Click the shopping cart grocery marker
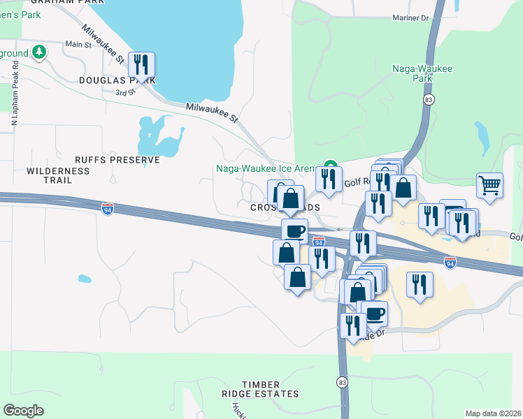coord(490,186)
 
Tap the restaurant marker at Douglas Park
coord(141,66)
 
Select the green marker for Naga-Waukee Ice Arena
coord(330,168)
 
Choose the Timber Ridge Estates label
coord(271,389)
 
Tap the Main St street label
coord(78,45)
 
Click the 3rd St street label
coord(124,92)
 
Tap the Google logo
coord(23,411)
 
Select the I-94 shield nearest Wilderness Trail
coord(108,208)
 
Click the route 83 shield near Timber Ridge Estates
coord(342,382)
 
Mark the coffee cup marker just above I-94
coord(294,230)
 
